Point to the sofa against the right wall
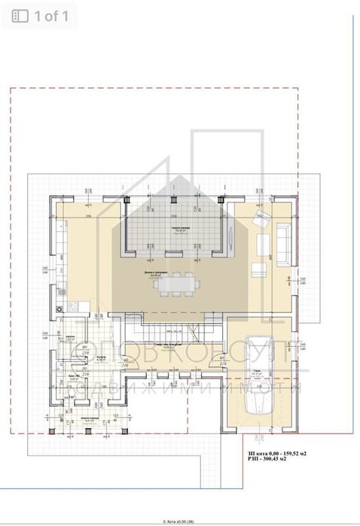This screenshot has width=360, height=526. tap(284, 244)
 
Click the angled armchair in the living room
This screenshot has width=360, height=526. tap(262, 219)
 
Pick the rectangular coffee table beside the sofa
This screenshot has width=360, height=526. tap(263, 245)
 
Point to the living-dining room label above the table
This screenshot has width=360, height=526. tap(158, 274)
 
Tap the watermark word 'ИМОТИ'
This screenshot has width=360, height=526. tap(263, 388)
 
